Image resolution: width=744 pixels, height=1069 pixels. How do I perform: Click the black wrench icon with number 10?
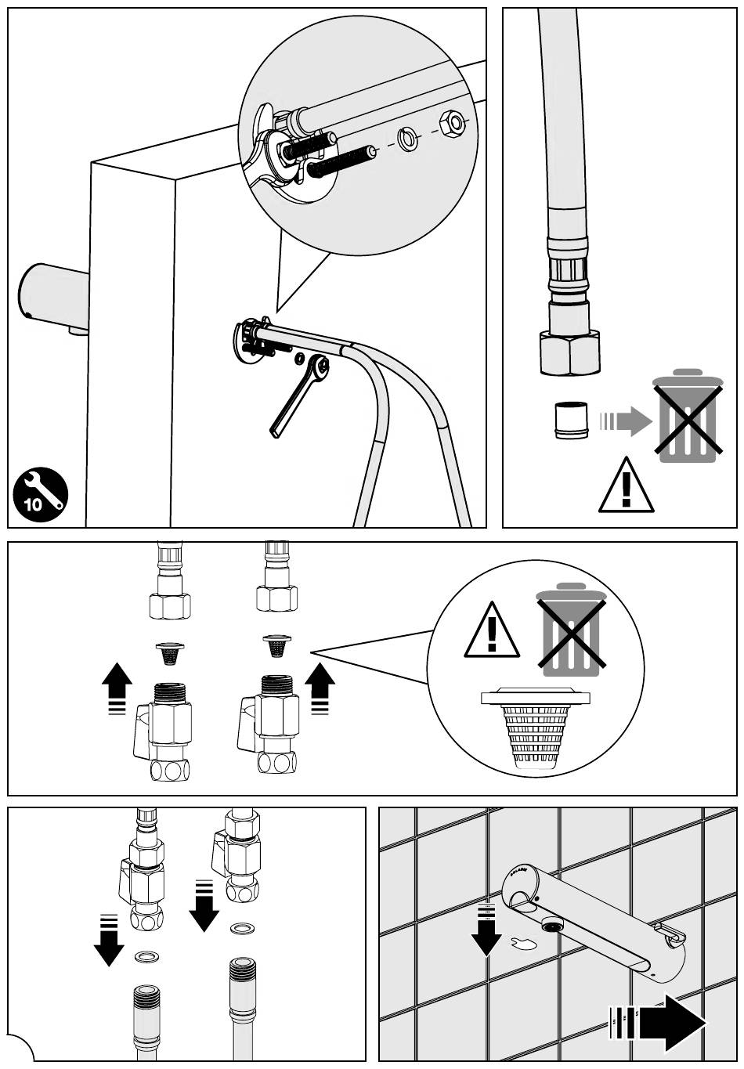coord(40,494)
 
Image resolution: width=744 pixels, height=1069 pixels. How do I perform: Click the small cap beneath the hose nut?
coord(570,421)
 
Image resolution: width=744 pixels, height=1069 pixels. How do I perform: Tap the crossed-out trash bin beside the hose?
coord(687,415)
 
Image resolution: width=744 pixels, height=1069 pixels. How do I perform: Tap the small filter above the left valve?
coord(169,651)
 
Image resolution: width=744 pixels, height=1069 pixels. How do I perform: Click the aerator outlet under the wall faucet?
coord(552,926)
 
